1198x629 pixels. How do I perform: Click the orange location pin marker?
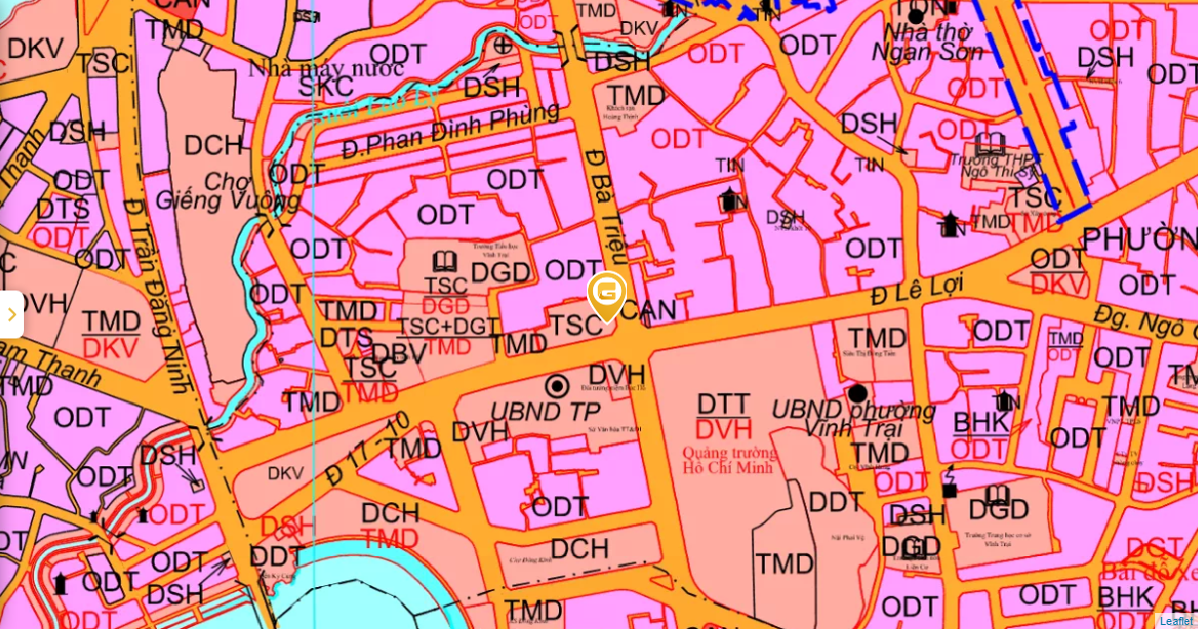pyautogui.click(x=607, y=296)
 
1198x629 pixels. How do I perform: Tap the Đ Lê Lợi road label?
pyautogui.click(x=915, y=288)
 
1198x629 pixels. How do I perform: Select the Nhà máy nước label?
pyautogui.click(x=326, y=68)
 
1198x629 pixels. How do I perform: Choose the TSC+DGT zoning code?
pyautogui.click(x=448, y=326)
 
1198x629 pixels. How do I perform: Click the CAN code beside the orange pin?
pyautogui.click(x=654, y=312)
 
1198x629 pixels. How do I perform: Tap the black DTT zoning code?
pyautogui.click(x=724, y=404)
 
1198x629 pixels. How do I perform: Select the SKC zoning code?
pyautogui.click(x=326, y=87)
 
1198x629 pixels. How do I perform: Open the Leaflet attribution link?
pyautogui.click(x=1176, y=620)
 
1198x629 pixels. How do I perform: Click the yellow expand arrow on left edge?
pyautogui.click(x=11, y=314)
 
